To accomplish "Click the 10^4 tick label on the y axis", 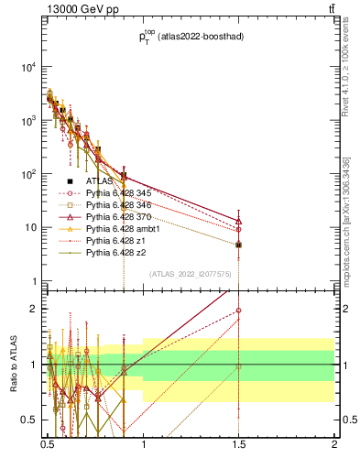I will point(26,67).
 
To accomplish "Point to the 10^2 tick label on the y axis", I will point(26,174).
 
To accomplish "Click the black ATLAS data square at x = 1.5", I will point(238,245).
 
